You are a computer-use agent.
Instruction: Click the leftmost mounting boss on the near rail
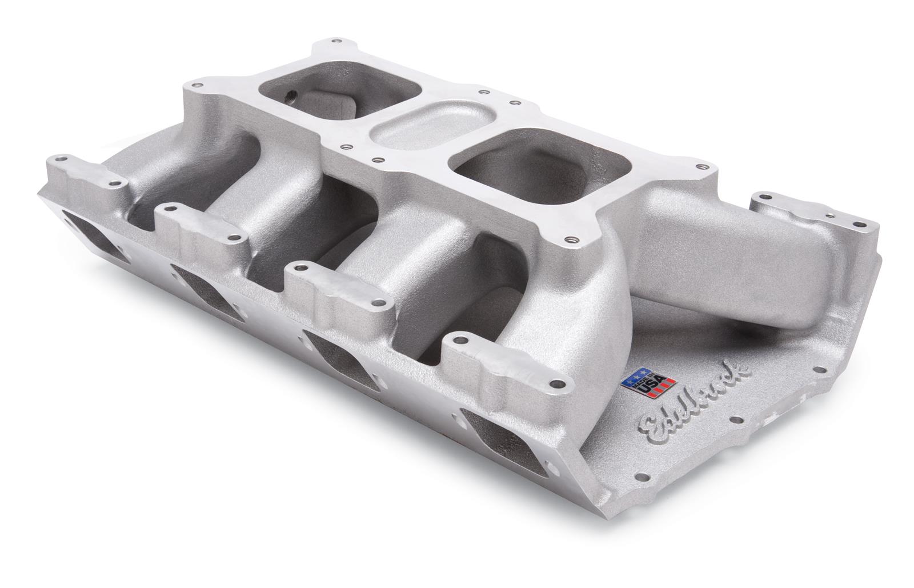(86, 171)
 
